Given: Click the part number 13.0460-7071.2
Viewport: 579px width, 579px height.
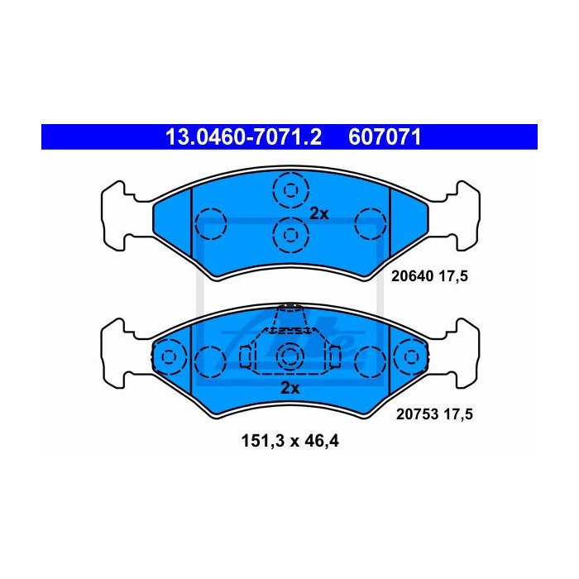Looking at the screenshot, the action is [244, 137].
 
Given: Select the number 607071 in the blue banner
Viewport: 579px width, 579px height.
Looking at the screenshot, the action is [385, 137].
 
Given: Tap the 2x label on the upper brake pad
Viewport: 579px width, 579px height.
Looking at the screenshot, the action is [318, 213].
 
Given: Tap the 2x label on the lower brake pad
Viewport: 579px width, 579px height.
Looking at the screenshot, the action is [290, 388].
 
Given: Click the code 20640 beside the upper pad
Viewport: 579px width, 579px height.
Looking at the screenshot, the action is [412, 275].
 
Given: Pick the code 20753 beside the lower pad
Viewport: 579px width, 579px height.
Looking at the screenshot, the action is [417, 414].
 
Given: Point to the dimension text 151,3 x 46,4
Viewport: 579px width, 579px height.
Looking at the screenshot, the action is [289, 441].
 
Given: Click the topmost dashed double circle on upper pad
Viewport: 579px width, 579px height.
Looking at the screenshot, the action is [290, 190].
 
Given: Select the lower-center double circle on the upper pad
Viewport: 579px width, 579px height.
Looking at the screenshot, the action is [290, 235].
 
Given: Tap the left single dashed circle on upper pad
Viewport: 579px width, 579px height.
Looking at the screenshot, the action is [210, 224].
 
